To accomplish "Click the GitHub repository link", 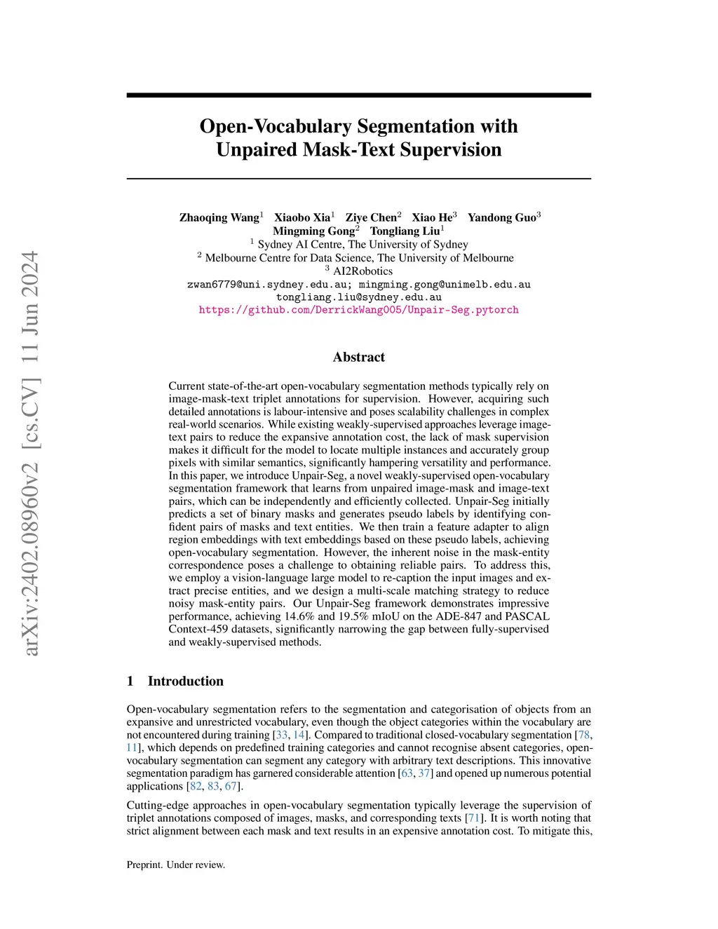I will click(x=358, y=310).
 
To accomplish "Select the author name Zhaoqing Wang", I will click(x=219, y=217).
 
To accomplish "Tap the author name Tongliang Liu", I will click(x=405, y=231).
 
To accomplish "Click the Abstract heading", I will click(x=358, y=357).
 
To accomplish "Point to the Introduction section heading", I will click(x=185, y=681).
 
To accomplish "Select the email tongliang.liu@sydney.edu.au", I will click(x=358, y=297).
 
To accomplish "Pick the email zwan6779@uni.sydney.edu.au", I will click(x=269, y=285).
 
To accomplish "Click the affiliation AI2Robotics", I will click(x=362, y=271).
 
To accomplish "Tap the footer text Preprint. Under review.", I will click(x=176, y=864).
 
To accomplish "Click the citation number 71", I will click(x=473, y=818).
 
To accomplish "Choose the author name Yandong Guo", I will click(x=501, y=217).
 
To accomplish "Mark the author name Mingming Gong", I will click(x=313, y=231).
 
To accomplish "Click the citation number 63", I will click(x=407, y=773).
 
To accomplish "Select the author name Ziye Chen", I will click(x=370, y=217).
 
